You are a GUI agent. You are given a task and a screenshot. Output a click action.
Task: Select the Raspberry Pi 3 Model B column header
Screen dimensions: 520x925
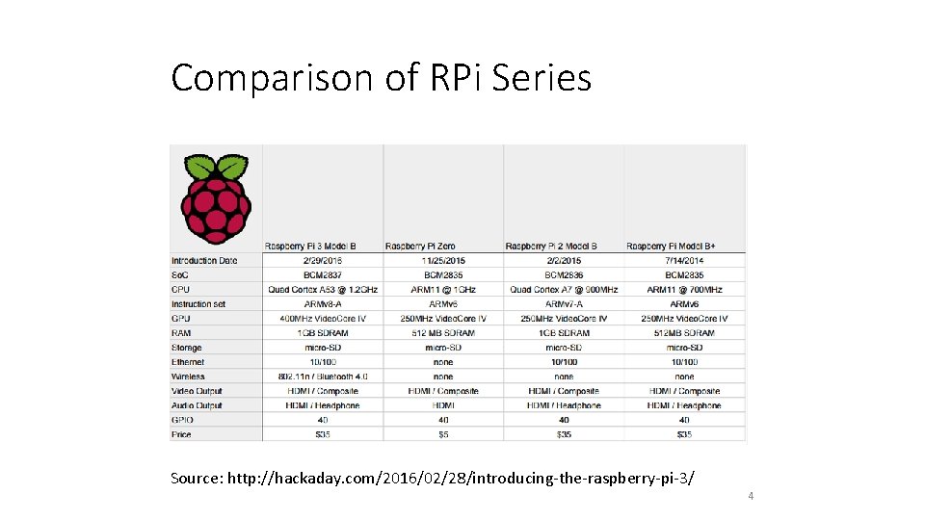pos(322,246)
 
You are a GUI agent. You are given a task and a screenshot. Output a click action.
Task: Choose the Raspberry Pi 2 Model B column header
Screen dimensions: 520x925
pos(564,246)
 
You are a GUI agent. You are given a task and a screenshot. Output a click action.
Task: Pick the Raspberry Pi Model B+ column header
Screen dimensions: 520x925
pos(683,246)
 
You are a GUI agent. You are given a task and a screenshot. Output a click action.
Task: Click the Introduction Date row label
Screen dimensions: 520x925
pos(204,261)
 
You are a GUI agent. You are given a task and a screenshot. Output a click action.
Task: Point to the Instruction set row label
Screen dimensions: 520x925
pos(198,304)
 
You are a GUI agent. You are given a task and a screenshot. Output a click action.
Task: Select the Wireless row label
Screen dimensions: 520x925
pos(188,377)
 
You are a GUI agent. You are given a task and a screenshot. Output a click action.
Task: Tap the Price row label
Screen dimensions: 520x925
pos(181,434)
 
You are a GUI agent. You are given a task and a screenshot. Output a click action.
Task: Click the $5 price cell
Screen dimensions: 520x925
pos(443,434)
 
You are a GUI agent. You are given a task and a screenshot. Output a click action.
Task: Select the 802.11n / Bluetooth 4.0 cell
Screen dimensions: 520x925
pos(323,377)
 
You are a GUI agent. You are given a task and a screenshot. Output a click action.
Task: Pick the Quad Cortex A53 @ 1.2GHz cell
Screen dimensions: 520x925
pos(323,290)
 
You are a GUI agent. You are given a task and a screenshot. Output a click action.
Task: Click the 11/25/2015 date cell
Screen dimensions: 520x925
pos(443,261)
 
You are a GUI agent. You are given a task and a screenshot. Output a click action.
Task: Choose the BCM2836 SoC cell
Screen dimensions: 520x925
pos(564,275)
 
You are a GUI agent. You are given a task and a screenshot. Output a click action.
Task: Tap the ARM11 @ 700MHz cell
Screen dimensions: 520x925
pos(684,290)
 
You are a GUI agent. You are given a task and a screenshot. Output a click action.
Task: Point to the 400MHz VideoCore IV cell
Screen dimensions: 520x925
pos(323,319)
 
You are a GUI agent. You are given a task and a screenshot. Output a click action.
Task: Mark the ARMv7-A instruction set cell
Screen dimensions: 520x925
pos(564,304)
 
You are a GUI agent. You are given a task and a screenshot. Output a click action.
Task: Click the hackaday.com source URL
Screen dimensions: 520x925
pos(462,479)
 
